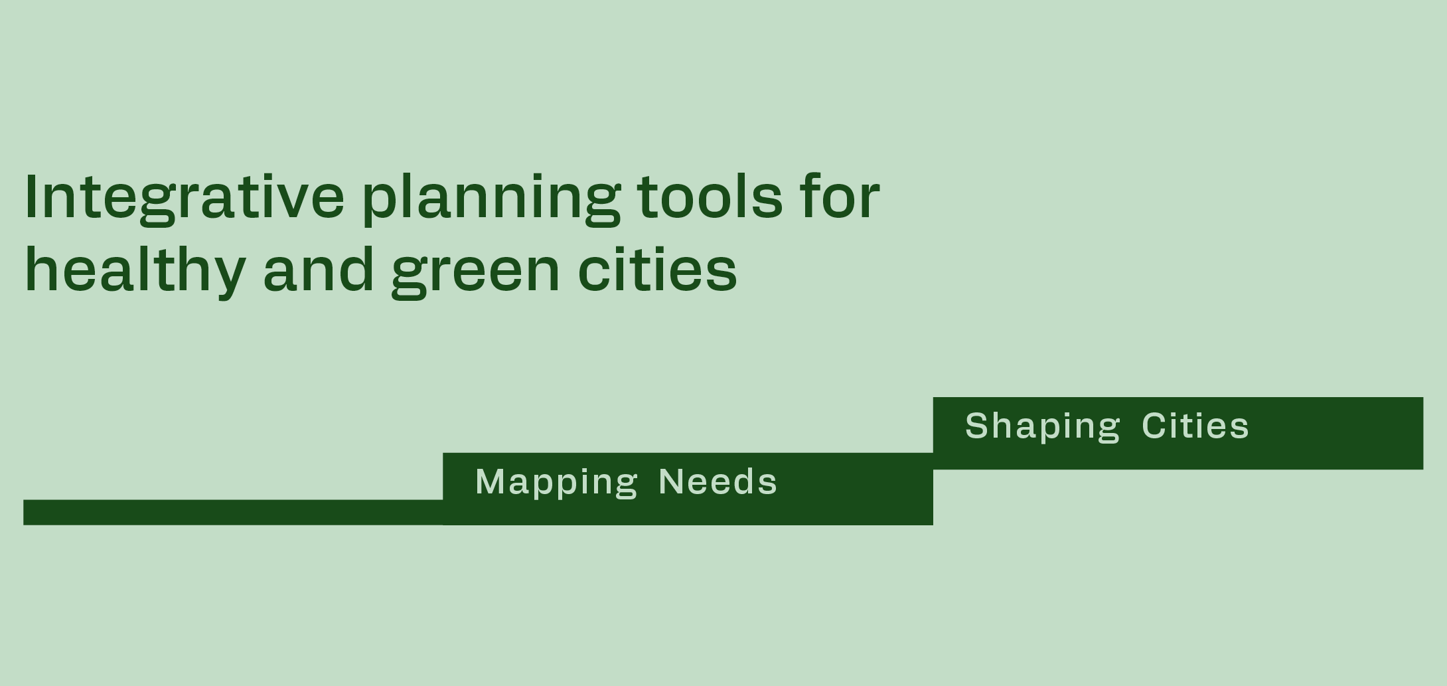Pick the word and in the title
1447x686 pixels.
(x=319, y=268)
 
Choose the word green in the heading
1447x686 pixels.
(x=475, y=272)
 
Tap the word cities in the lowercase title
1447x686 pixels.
(x=657, y=268)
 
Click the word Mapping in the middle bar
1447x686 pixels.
(x=556, y=483)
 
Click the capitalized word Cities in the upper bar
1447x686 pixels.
(x=1195, y=425)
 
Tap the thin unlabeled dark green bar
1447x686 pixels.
(x=233, y=512)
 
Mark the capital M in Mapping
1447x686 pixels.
(x=490, y=481)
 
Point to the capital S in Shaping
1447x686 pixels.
(x=977, y=425)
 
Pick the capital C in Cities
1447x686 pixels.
(x=1155, y=425)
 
